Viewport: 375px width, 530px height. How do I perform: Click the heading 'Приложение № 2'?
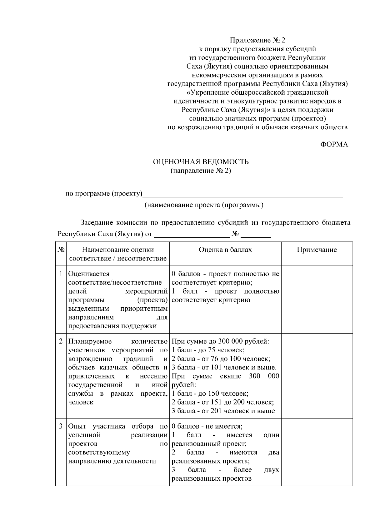click(257, 40)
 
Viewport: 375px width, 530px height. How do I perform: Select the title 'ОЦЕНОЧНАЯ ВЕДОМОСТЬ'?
click(201, 162)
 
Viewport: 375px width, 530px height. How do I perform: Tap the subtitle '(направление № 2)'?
click(201, 171)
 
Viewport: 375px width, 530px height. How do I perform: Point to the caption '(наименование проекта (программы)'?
click(203, 205)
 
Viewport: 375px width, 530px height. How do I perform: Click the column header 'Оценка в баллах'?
click(225, 250)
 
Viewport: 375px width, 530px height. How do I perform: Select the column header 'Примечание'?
click(317, 250)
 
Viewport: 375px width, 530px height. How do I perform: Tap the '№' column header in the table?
click(61, 250)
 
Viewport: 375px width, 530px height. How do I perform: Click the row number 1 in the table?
click(61, 274)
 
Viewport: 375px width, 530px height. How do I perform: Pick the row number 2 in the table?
click(61, 341)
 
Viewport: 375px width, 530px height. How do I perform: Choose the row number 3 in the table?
click(61, 426)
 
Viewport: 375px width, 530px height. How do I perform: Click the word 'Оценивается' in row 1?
click(89, 274)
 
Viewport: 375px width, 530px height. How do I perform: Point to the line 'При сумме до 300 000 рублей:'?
click(220, 341)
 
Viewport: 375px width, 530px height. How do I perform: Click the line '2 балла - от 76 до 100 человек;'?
click(221, 359)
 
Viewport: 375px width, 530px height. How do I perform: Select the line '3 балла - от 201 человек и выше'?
click(223, 411)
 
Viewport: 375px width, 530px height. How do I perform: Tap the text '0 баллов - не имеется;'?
click(207, 426)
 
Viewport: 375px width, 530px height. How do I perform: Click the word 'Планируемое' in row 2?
click(90, 341)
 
